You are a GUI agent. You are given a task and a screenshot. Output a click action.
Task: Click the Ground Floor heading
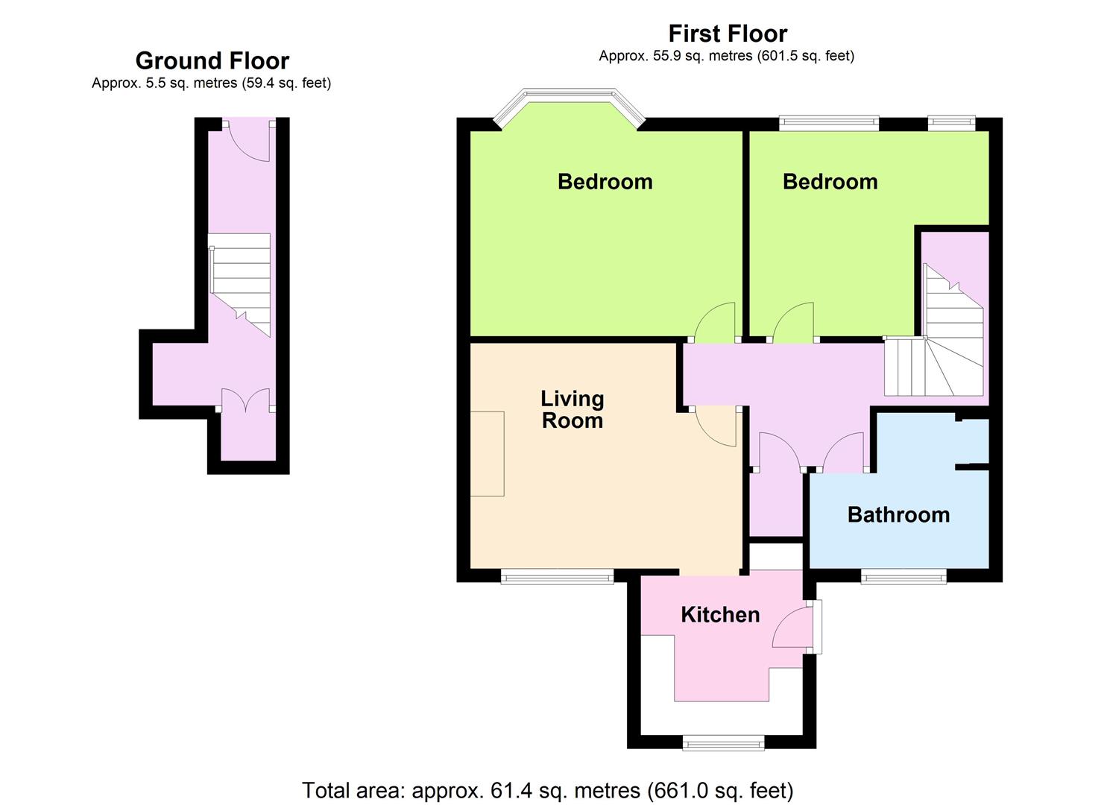(212, 61)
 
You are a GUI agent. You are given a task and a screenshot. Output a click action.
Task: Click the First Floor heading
(728, 34)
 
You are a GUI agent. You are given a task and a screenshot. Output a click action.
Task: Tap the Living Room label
(573, 410)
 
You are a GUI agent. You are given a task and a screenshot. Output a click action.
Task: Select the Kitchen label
(720, 615)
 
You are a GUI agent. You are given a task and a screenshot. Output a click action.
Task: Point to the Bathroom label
(898, 515)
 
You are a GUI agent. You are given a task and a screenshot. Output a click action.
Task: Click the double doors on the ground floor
(245, 400)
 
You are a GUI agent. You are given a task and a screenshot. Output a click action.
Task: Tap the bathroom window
(904, 575)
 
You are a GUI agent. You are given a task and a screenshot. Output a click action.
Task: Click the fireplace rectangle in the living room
(487, 454)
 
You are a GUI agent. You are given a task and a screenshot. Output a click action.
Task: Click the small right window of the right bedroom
(951, 123)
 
